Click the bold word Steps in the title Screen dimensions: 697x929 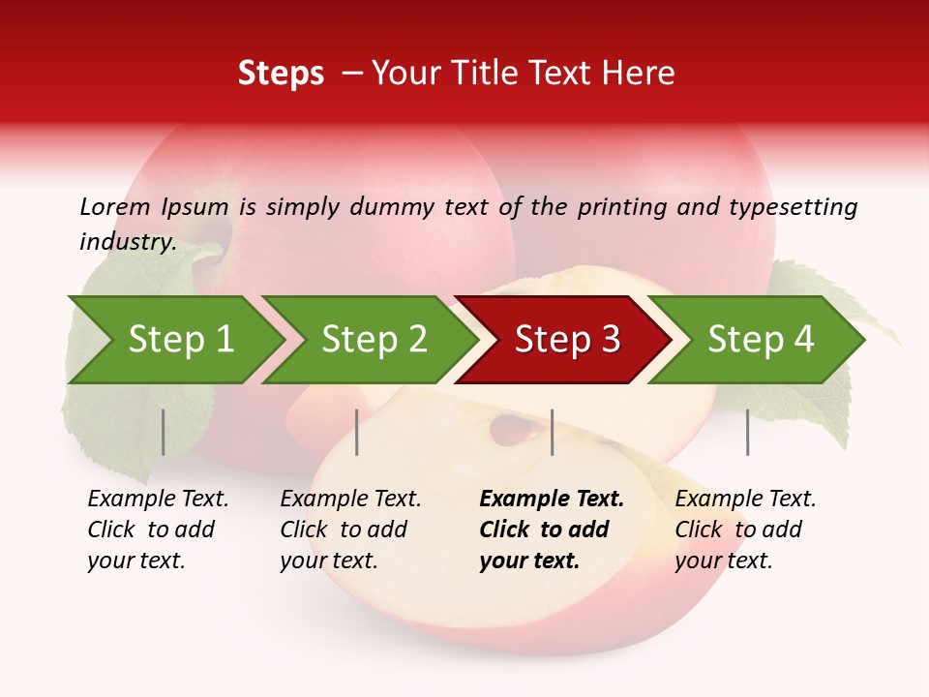281,74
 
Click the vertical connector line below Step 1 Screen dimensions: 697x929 164,432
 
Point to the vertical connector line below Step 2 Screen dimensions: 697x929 357,432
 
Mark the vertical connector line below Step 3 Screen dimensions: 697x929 552,432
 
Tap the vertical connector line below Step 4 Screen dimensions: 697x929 747,432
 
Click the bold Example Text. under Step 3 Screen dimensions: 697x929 552,500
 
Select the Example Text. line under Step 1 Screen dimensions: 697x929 158,500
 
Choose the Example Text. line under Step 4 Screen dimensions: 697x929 745,500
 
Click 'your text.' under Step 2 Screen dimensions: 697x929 328,561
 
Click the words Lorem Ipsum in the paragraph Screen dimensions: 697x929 154,206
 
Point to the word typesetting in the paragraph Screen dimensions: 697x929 793,207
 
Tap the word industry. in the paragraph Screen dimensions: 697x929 128,242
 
